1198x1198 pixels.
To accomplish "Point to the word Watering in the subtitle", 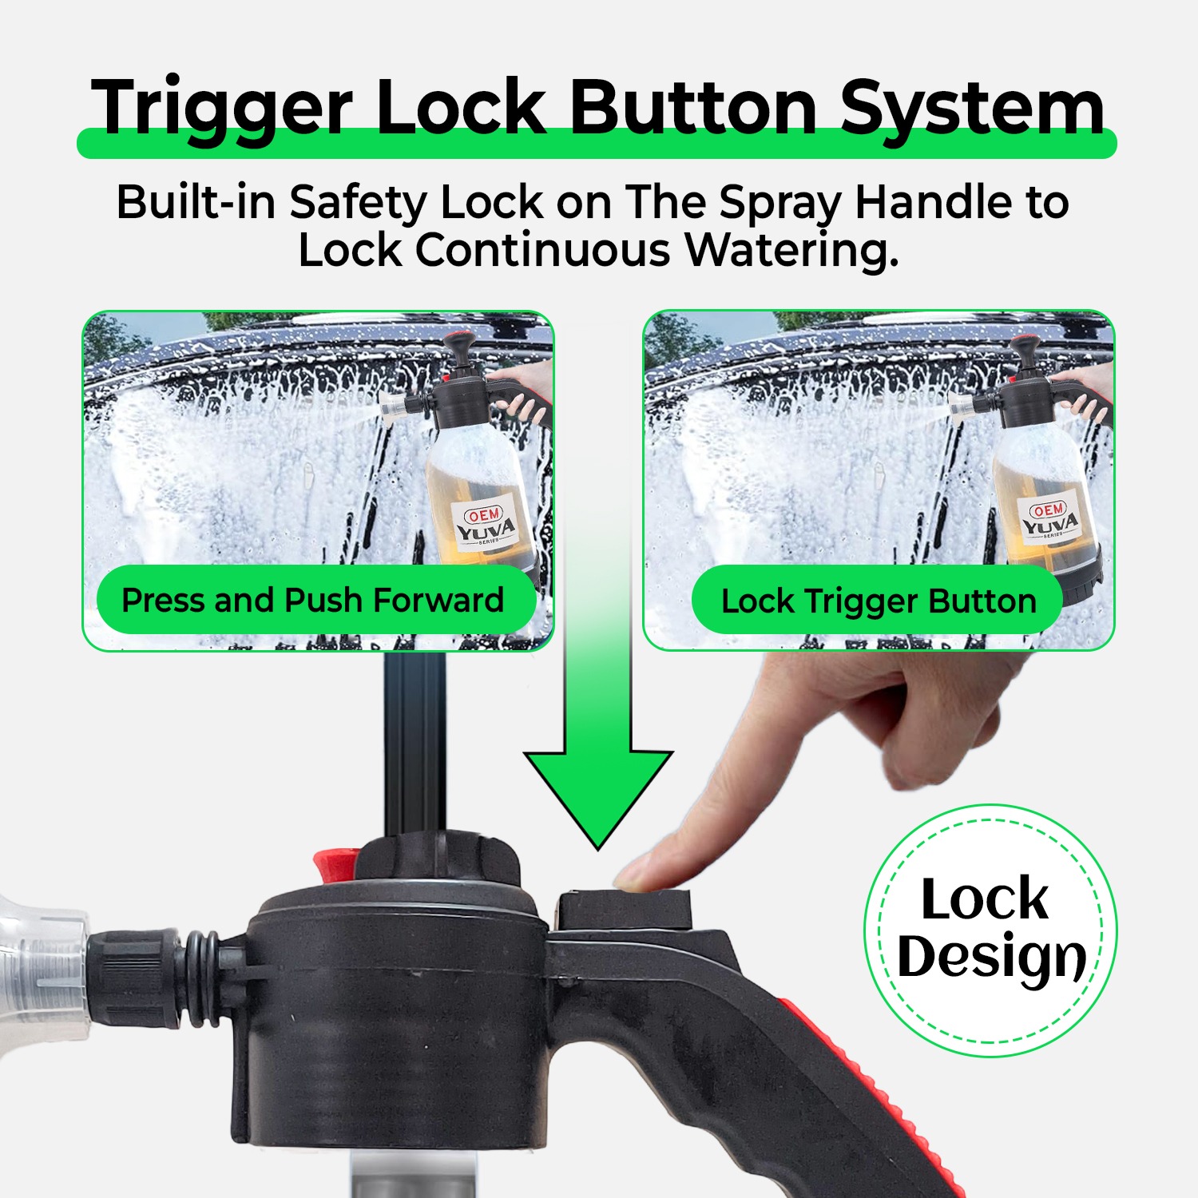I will pyautogui.click(x=791, y=250).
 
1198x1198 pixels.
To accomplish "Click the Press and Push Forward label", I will pyautogui.click(x=313, y=601).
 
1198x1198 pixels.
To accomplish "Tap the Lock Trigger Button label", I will pyautogui.click(x=878, y=601).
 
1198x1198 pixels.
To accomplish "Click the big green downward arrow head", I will pyautogui.click(x=598, y=791).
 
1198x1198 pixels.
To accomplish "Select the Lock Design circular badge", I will pyautogui.click(x=990, y=930).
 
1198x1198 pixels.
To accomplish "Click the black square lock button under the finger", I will pyautogui.click(x=624, y=910).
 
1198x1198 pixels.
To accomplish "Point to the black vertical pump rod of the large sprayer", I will pyautogui.click(x=415, y=743).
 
